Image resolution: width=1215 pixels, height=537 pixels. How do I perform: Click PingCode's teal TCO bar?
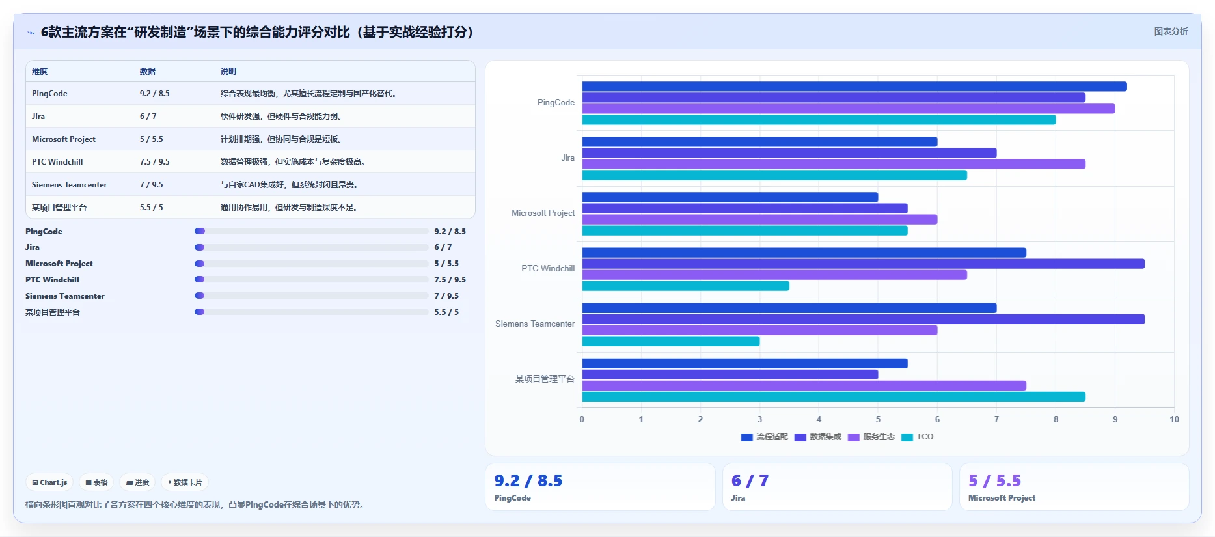click(x=819, y=120)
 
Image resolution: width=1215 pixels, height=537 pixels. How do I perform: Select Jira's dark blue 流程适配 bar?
click(x=759, y=142)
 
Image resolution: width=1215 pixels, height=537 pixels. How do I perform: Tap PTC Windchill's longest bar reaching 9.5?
click(x=863, y=264)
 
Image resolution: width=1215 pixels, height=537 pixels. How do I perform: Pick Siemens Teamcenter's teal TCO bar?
click(x=670, y=341)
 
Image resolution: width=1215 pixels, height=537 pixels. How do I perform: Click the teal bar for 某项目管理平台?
click(x=834, y=396)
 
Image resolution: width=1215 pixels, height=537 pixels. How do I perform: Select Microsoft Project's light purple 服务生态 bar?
click(x=759, y=219)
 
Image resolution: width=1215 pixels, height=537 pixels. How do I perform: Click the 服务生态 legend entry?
click(x=871, y=437)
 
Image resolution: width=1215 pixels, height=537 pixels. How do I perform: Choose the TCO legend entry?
click(x=918, y=437)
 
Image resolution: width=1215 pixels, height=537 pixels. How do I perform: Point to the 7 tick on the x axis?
click(x=996, y=419)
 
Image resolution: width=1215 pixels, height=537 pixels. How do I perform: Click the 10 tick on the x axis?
click(x=1174, y=419)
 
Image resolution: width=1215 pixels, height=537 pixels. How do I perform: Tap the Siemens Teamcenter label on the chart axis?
click(x=535, y=324)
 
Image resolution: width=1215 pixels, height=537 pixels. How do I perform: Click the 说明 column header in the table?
click(x=228, y=72)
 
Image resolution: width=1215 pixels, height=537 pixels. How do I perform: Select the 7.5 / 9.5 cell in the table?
click(x=155, y=162)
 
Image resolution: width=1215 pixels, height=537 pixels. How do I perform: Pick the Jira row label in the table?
click(x=38, y=117)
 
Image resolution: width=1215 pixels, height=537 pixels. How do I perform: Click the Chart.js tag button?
click(x=49, y=482)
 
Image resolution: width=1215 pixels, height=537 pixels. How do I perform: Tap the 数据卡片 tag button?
click(x=185, y=482)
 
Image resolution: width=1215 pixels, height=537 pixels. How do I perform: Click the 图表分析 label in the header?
click(x=1171, y=31)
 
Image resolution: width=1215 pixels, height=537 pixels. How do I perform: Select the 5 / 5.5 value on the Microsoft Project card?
click(x=994, y=480)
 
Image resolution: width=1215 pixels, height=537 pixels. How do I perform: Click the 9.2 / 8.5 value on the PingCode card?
click(x=528, y=480)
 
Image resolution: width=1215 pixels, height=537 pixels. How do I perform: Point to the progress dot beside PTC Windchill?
click(x=200, y=279)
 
